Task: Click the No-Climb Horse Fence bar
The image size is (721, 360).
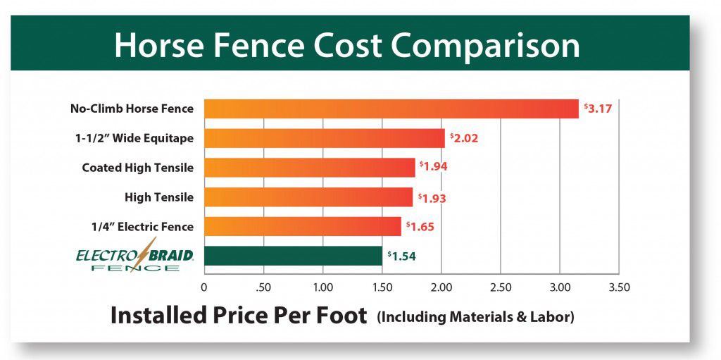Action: pos(391,108)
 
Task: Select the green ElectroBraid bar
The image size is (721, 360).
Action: pos(293,256)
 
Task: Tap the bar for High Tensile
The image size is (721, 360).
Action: pos(308,197)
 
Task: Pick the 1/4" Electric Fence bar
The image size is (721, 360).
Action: pos(302,226)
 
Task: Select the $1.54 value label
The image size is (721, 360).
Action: pos(401,256)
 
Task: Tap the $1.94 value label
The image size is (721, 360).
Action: pos(433,167)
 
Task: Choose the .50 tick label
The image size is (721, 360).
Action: pos(263,287)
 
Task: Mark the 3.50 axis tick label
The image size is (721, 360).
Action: pos(619,287)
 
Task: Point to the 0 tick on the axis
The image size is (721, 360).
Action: pos(204,287)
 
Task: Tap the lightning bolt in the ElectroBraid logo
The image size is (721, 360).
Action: pos(149,252)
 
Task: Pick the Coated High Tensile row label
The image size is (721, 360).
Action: pos(137,168)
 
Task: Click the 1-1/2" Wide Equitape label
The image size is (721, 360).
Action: pos(134,138)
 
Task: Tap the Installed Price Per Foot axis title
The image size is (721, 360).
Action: pos(239,315)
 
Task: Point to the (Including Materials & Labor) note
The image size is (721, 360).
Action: pos(476,317)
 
